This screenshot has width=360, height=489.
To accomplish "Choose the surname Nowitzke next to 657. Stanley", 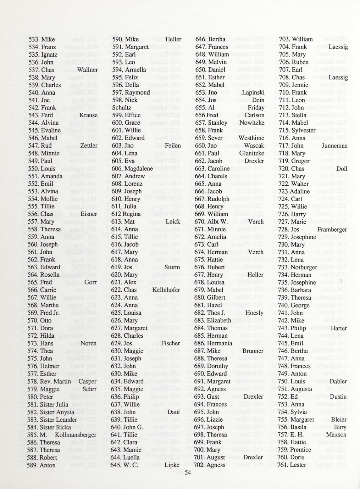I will point(251,123).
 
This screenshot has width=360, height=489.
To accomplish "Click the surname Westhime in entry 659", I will point(251,138).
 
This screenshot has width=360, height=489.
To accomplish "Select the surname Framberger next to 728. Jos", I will point(332,230).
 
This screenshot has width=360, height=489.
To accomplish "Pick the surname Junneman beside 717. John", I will point(334,146).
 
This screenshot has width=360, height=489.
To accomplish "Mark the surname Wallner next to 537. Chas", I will point(87,69).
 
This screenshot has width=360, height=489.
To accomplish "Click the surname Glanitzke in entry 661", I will point(251,153).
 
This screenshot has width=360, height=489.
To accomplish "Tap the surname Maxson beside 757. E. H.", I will point(336,434).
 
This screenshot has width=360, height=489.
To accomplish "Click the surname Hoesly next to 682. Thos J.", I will point(254,313).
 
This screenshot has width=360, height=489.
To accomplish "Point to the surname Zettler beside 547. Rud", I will point(89,146).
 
